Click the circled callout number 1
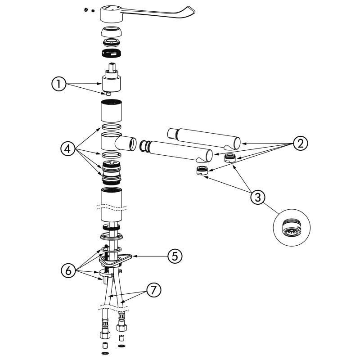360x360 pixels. [x=59, y=84]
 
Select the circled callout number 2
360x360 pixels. [x=300, y=143]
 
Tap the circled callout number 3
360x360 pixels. [x=257, y=197]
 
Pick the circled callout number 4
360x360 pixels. [x=68, y=149]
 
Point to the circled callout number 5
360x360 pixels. [x=175, y=256]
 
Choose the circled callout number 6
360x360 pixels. [x=68, y=271]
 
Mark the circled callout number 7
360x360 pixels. [x=153, y=290]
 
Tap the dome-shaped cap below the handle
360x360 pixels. [x=111, y=31]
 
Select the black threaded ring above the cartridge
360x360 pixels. [x=111, y=53]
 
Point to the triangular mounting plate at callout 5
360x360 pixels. [x=115, y=260]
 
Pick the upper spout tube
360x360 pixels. [x=204, y=138]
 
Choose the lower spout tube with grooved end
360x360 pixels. [x=176, y=150]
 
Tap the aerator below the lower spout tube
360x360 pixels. [x=202, y=171]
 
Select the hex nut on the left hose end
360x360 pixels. [x=105, y=335]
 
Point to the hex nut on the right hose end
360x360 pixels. [x=122, y=327]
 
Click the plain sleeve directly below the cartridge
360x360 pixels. [x=111, y=111]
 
